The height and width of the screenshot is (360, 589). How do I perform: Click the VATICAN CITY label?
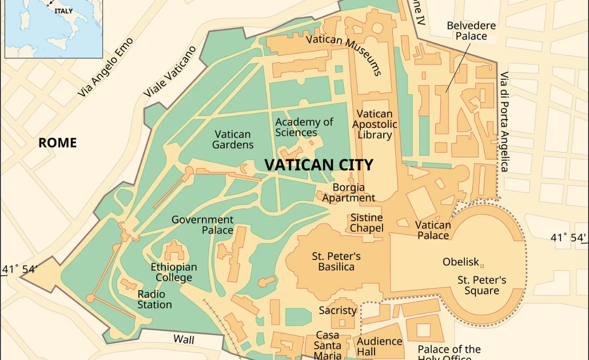tap(319, 165)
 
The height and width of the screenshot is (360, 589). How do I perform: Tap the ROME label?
tap(57, 143)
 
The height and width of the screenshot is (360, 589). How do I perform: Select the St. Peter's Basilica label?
tap(336, 261)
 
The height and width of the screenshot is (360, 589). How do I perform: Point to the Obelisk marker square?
tap(482, 266)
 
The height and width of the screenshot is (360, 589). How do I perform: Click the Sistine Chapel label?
tap(367, 223)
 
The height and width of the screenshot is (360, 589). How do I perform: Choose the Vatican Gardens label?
tap(233, 139)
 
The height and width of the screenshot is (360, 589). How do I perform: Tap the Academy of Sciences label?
tap(304, 127)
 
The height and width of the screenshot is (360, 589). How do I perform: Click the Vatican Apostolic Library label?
tap(375, 125)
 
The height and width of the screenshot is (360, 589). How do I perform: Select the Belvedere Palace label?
tap(471, 31)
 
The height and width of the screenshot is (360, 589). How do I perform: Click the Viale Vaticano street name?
tap(170, 72)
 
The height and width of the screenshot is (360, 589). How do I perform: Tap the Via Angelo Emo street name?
tap(106, 67)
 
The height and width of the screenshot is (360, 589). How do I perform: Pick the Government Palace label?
tap(202, 225)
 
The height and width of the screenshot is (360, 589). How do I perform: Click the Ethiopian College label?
tap(174, 272)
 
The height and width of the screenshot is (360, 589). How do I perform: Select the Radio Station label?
tap(154, 299)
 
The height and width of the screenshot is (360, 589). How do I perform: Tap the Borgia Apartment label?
tap(348, 193)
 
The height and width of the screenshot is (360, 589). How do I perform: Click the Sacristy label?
tap(337, 310)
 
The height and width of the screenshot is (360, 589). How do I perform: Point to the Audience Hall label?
tap(380, 346)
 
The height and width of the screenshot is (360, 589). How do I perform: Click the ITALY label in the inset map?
tap(63, 10)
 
